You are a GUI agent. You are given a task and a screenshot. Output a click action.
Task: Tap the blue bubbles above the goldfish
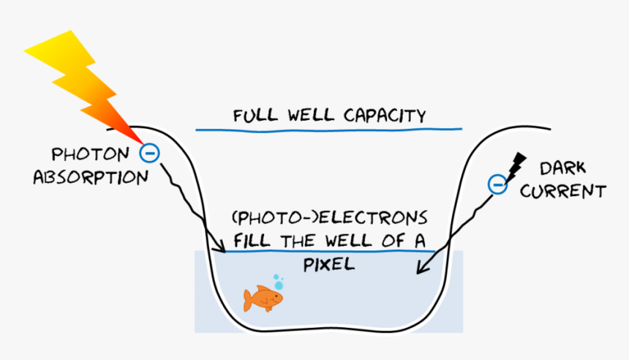click(x=278, y=281)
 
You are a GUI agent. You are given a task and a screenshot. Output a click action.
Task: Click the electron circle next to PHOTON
click(x=149, y=153)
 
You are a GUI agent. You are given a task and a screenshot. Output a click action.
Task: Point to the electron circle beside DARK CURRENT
click(x=497, y=184)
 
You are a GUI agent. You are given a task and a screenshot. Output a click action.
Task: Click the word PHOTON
click(x=88, y=154)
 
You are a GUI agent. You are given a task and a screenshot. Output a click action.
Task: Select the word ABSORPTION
click(x=91, y=177)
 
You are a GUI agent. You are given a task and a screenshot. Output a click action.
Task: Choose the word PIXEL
click(x=328, y=264)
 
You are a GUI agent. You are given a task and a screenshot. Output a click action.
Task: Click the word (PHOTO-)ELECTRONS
click(x=328, y=218)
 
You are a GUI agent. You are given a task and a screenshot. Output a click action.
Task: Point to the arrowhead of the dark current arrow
click(x=420, y=269)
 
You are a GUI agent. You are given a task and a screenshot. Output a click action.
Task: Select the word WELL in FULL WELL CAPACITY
click(x=314, y=116)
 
